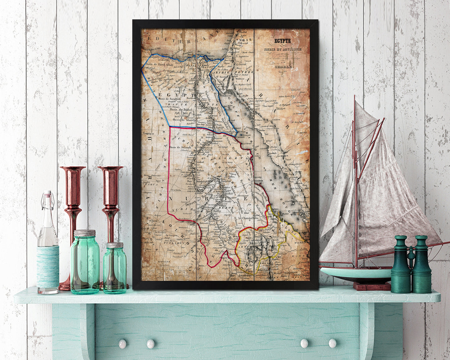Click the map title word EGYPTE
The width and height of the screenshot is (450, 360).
(282, 41)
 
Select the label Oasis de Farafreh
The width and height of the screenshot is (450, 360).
(169, 99)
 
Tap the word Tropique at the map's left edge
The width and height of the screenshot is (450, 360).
(149, 133)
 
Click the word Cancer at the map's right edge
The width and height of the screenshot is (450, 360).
(302, 132)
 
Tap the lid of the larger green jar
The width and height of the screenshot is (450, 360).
(85, 233)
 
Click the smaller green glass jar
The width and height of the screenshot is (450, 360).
(115, 268)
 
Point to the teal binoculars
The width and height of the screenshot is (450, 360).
(411, 265)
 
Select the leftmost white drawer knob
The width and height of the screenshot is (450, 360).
(122, 343)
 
